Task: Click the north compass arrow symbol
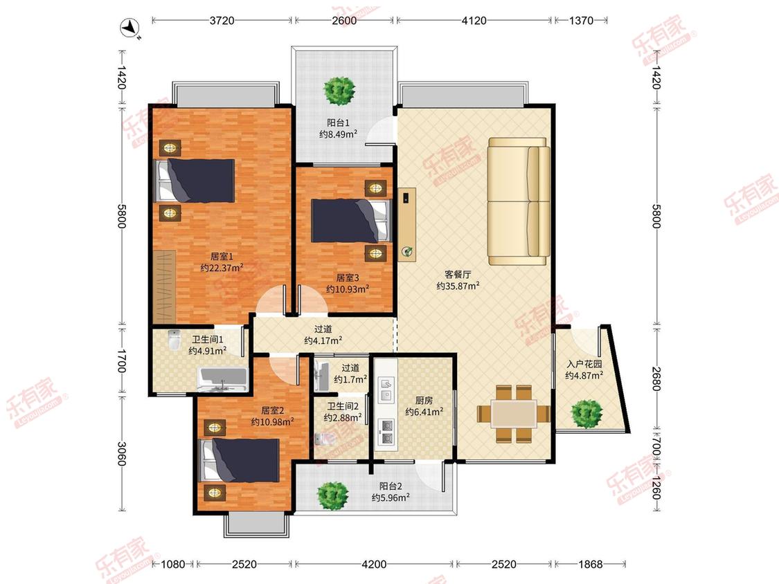coord(131,28)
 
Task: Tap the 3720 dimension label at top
coord(222,20)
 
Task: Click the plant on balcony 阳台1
coord(340,91)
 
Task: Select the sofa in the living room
coord(519,201)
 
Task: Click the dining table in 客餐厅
coord(514,414)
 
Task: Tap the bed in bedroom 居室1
coord(195,181)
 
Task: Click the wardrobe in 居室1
coord(164,286)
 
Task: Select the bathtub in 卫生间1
coord(222,379)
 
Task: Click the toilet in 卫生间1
coord(174,340)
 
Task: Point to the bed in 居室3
coord(351,221)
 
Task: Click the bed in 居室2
coord(239,460)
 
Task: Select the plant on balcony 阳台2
coord(333,495)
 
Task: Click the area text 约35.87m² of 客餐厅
coord(458,286)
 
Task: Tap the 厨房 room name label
coord(424,400)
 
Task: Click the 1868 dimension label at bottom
coord(590,564)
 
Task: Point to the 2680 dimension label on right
coord(656,378)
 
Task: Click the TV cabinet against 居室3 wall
coord(407,224)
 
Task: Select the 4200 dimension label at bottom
coord(374,564)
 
